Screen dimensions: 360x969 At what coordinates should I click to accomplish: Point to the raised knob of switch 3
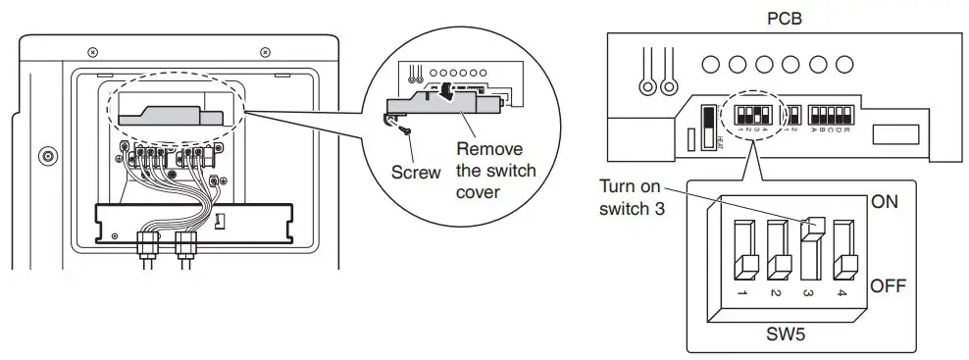811,230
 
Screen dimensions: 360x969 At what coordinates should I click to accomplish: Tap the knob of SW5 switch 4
843,265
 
